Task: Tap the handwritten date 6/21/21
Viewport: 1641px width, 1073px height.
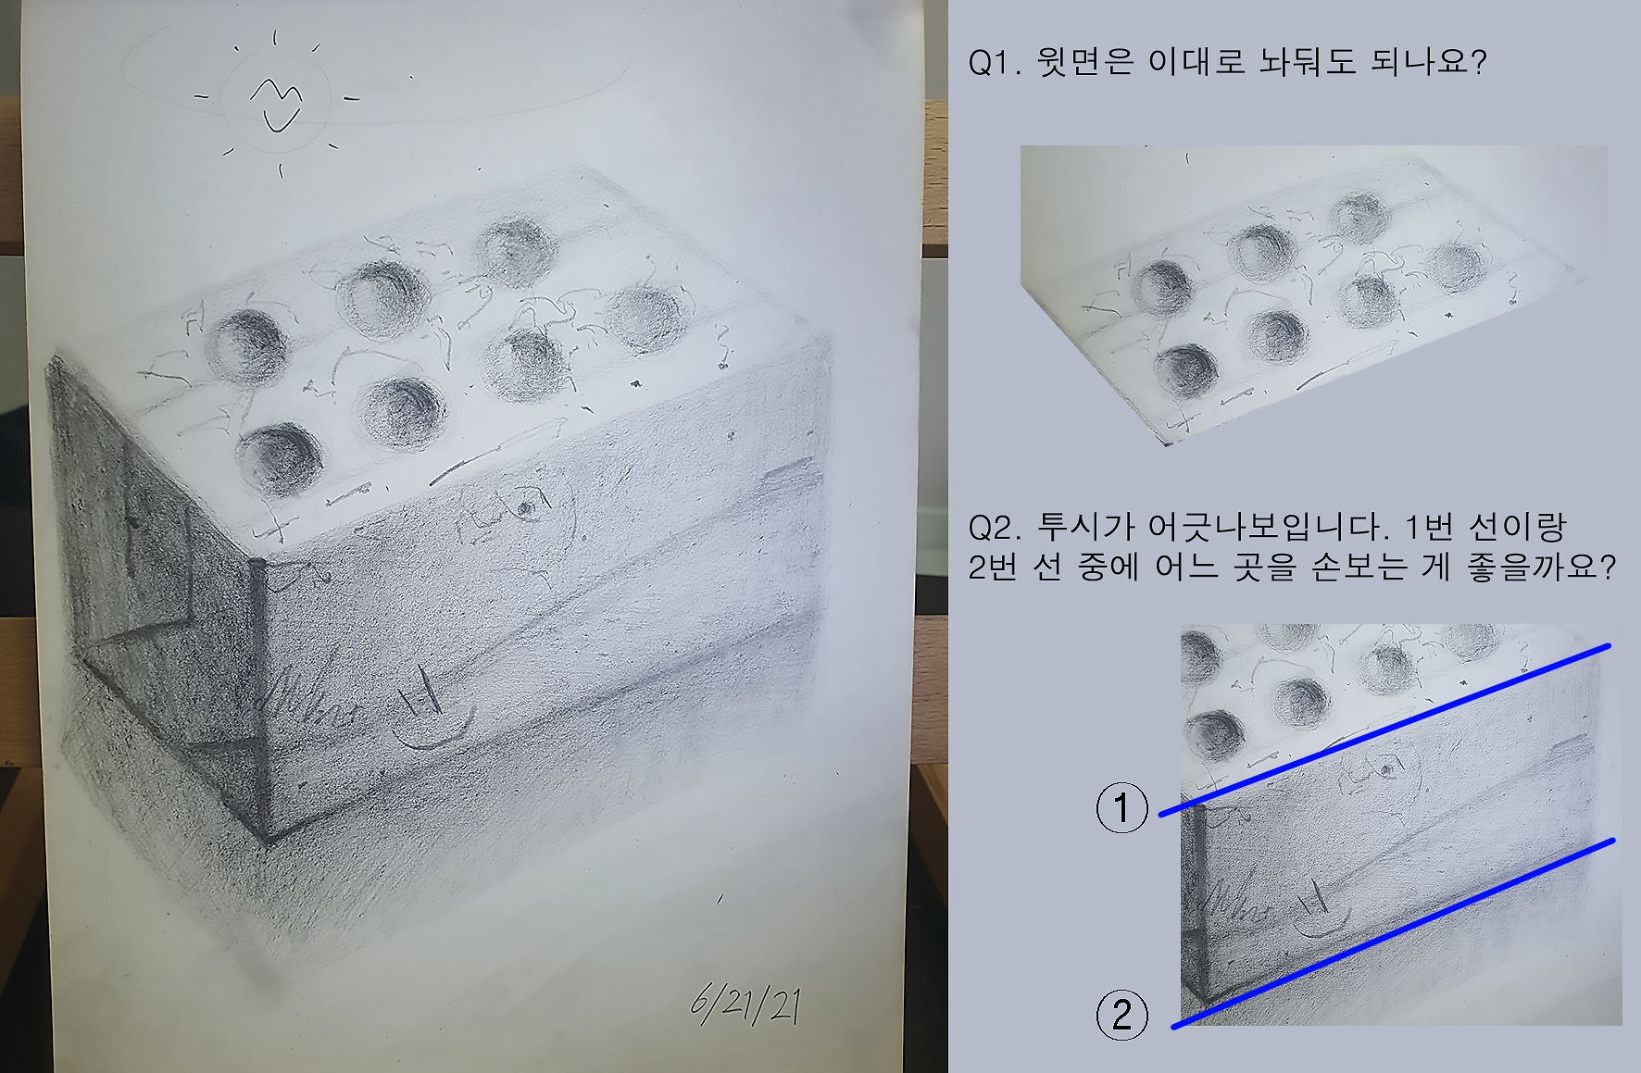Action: coord(746,1004)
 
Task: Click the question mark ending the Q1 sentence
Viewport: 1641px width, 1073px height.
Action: coord(1478,62)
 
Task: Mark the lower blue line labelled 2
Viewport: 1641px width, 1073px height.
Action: coord(1393,933)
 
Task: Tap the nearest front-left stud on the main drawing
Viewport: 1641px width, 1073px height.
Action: coord(280,458)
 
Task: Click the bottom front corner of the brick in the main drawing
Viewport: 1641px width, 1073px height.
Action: coord(268,843)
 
